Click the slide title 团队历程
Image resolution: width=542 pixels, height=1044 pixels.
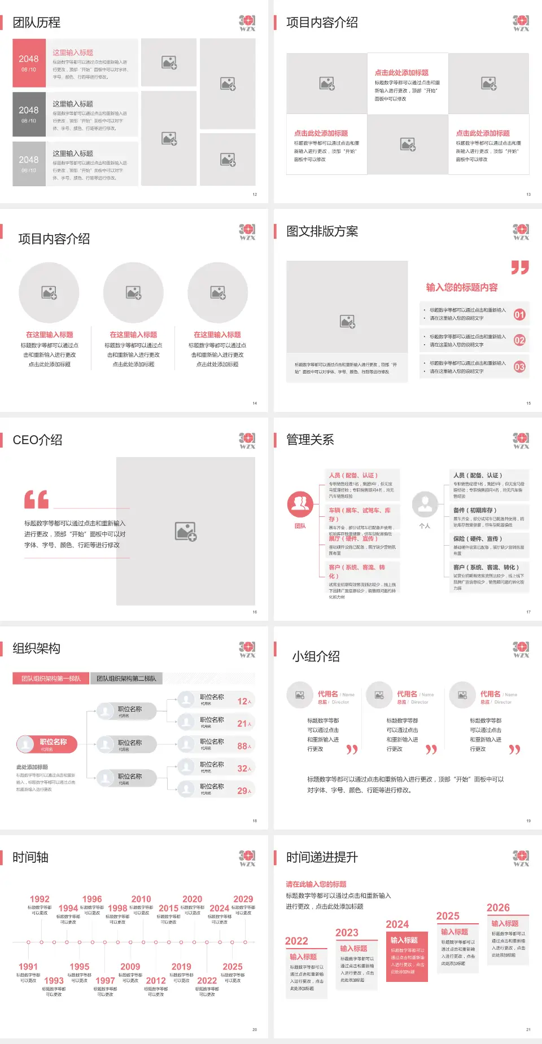[36, 23]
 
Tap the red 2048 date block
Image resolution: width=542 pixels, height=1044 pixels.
[29, 63]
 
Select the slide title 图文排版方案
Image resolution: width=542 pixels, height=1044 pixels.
[322, 231]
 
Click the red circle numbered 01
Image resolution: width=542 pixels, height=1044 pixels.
[519, 314]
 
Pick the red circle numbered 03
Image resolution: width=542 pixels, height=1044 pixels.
[519, 367]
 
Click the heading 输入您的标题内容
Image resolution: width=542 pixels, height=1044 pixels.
[461, 287]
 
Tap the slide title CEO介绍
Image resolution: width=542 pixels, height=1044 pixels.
[37, 440]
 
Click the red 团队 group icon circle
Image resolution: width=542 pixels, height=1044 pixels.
[300, 504]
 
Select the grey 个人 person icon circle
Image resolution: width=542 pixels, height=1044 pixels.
[425, 504]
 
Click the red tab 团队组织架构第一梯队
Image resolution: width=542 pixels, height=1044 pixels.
[51, 678]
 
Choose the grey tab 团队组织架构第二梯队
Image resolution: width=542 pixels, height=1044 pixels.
[126, 678]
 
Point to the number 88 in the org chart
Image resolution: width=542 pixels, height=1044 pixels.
[243, 746]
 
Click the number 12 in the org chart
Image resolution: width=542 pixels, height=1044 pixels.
[243, 701]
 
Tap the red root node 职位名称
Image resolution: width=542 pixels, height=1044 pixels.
[47, 744]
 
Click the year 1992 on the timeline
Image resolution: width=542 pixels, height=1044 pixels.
[40, 899]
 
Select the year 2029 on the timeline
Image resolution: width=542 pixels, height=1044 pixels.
[243, 899]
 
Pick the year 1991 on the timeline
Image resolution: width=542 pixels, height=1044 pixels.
[28, 967]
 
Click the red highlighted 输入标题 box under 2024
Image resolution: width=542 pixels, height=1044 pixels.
[406, 955]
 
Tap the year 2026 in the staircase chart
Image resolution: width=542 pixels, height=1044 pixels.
[498, 907]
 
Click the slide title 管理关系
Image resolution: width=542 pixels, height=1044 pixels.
[310, 440]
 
